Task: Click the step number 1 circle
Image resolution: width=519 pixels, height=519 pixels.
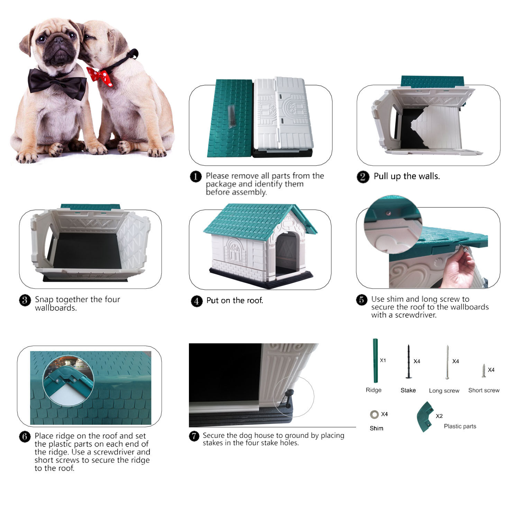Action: (x=196, y=176)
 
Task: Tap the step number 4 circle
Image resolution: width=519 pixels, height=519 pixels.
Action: (x=197, y=301)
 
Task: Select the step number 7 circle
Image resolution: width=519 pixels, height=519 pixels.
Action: (x=194, y=436)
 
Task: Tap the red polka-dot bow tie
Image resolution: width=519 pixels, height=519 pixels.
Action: (x=100, y=76)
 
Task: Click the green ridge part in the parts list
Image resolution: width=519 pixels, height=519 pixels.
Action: (x=375, y=361)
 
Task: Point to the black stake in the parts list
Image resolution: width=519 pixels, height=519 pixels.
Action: (x=409, y=362)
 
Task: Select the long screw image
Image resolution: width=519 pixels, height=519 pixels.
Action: (x=447, y=362)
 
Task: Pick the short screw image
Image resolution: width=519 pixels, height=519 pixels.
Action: (x=484, y=371)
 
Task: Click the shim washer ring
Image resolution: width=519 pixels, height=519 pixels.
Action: (x=374, y=414)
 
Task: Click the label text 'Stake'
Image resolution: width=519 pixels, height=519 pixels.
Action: (x=408, y=390)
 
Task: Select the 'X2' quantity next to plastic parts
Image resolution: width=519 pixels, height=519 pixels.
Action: (x=439, y=416)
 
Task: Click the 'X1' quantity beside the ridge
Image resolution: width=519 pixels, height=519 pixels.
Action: (x=383, y=360)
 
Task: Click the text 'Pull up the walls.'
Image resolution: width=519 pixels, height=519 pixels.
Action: (x=407, y=176)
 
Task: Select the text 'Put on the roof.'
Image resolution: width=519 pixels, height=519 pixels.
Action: (x=235, y=300)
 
